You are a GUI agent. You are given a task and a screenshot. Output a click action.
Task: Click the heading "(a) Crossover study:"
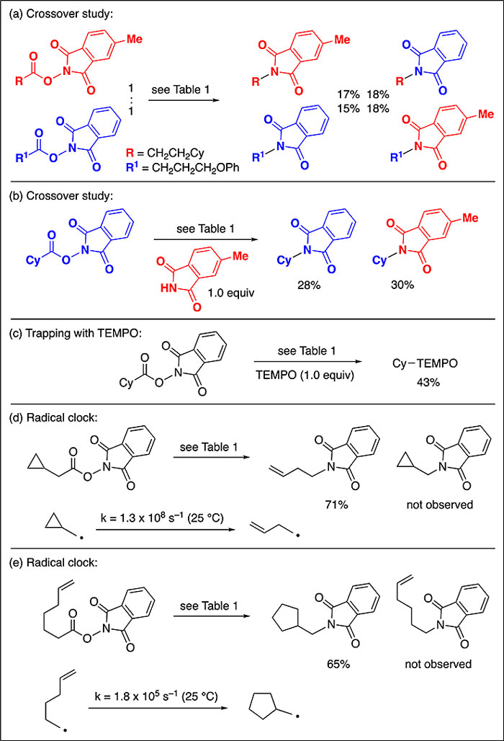point(61,14)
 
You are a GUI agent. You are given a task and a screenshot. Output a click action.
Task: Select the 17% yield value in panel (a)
point(348,94)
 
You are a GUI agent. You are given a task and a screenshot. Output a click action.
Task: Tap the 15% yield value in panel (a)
point(348,108)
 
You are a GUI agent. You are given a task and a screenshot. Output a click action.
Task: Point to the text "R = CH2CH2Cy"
point(165,153)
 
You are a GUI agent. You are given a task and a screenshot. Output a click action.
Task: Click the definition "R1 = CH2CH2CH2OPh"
point(183,168)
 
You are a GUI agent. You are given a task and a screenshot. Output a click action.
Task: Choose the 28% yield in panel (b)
point(309,285)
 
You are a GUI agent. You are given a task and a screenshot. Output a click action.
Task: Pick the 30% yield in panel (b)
point(402,285)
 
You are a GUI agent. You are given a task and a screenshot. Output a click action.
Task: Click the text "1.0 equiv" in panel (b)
point(231,293)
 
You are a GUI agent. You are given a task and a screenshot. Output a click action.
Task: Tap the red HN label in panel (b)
point(168,288)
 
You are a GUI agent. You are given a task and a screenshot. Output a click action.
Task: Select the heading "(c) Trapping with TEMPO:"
point(76,333)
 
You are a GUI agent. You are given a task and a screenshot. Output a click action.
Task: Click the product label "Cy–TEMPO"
point(426,363)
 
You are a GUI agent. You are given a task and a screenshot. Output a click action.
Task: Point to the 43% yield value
point(428,382)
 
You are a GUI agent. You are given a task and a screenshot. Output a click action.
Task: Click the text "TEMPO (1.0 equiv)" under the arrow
point(305,376)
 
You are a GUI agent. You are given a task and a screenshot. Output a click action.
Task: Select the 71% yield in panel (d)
point(337,505)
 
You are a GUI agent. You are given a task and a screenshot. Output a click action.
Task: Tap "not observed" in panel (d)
point(440,505)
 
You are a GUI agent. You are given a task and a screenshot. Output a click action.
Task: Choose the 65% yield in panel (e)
point(338,664)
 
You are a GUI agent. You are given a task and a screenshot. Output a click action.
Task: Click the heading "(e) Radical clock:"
point(57,562)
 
